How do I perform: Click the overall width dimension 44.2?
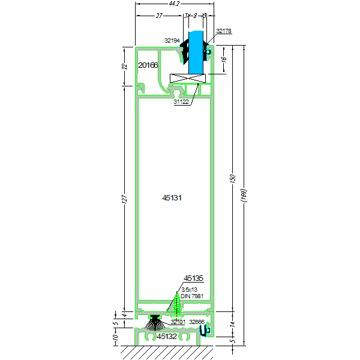point(174,4)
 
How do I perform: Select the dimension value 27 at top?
point(159,16)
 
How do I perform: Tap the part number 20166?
point(148,65)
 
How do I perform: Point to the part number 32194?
point(172,41)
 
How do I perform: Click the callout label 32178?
point(223,30)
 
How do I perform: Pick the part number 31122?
point(181,102)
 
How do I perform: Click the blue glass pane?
point(196,51)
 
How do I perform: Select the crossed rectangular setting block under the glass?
point(187,77)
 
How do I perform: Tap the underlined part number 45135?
point(194,278)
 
